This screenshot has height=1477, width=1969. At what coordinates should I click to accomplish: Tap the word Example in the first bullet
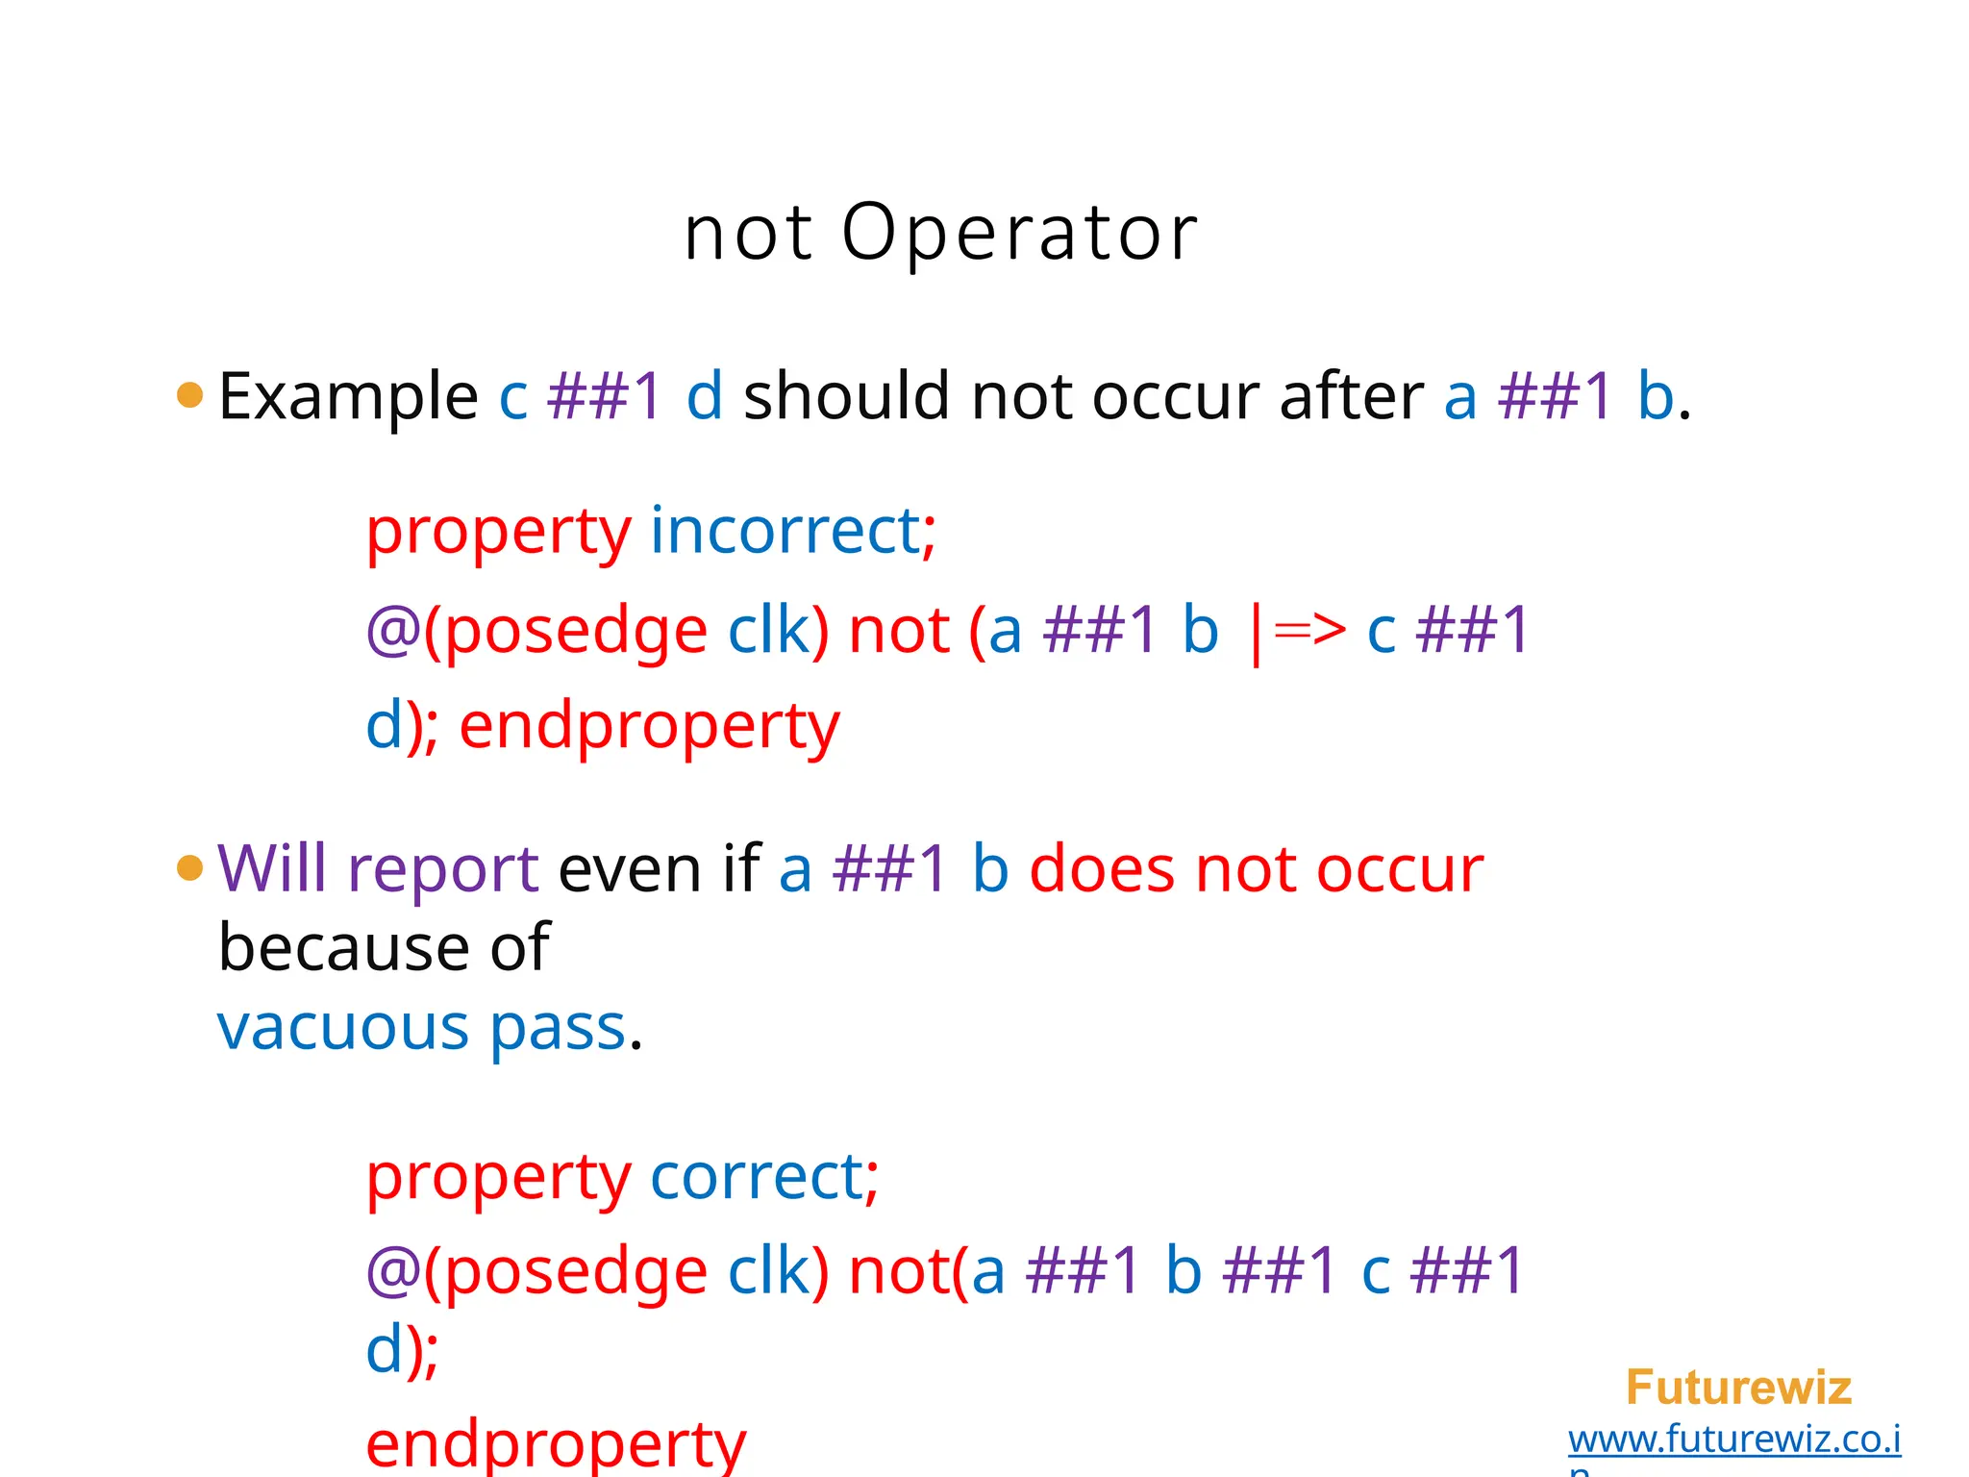click(348, 396)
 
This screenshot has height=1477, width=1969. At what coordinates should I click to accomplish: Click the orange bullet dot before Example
click(190, 394)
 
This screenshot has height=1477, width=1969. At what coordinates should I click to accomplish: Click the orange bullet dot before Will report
click(190, 867)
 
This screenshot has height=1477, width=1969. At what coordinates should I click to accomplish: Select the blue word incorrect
click(785, 530)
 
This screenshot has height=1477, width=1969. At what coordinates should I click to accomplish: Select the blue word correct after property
click(757, 1176)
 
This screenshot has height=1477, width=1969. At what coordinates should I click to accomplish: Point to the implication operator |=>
click(1296, 632)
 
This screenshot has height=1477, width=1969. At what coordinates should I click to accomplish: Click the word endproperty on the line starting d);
click(649, 726)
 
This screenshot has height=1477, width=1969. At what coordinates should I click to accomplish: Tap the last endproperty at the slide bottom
click(556, 1444)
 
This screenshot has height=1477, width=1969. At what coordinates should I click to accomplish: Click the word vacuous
click(342, 1027)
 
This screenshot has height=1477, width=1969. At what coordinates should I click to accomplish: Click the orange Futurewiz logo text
click(1738, 1388)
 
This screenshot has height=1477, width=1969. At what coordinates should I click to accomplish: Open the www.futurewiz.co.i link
click(1734, 1439)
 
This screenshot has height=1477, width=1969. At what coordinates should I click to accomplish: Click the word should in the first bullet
click(847, 396)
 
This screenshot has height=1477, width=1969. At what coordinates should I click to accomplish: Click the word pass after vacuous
click(558, 1029)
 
